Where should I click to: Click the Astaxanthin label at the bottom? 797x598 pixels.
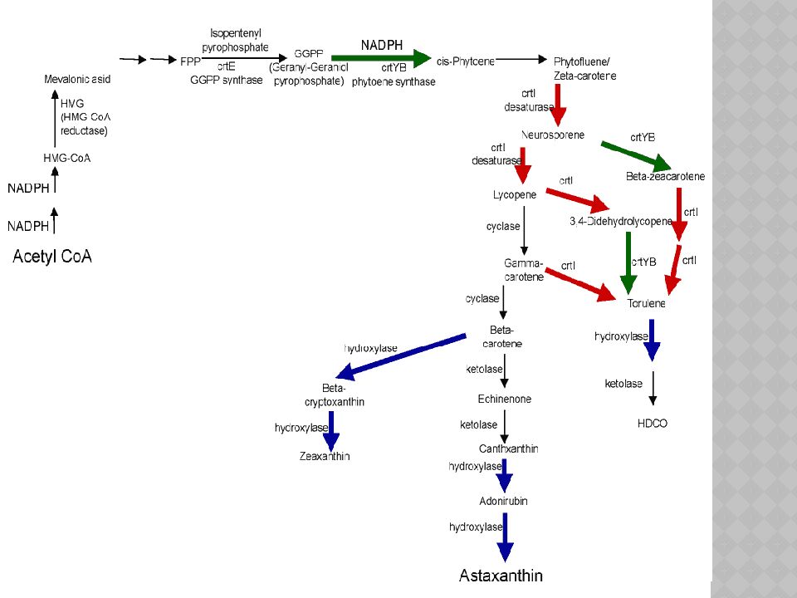(x=501, y=576)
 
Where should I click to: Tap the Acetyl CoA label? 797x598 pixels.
(x=52, y=257)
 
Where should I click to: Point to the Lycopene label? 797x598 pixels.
(x=515, y=194)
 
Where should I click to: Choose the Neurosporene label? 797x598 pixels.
(x=553, y=135)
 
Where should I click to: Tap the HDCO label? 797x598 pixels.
(x=652, y=424)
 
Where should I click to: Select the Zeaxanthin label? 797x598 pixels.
(x=325, y=456)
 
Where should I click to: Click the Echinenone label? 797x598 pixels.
(x=505, y=399)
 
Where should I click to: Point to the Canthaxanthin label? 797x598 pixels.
(x=509, y=448)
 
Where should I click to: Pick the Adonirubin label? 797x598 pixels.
(x=503, y=501)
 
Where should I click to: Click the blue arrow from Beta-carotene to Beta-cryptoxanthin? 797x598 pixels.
(x=398, y=355)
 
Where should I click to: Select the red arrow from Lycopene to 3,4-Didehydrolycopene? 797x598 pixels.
(x=577, y=200)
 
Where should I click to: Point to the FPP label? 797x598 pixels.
(x=190, y=61)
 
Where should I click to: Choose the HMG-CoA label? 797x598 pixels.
(x=67, y=158)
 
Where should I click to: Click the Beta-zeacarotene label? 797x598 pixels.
(x=665, y=177)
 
